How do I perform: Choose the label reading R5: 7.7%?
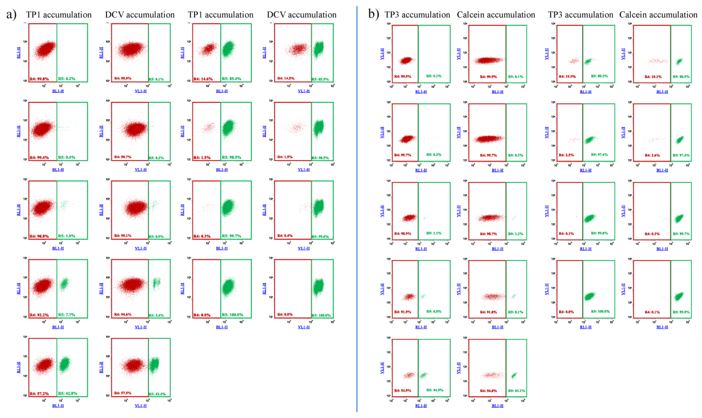[66, 315]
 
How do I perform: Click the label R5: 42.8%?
[68, 393]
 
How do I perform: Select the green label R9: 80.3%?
[599, 76]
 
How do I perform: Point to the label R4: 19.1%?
[653, 77]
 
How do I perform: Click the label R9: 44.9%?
[435, 390]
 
